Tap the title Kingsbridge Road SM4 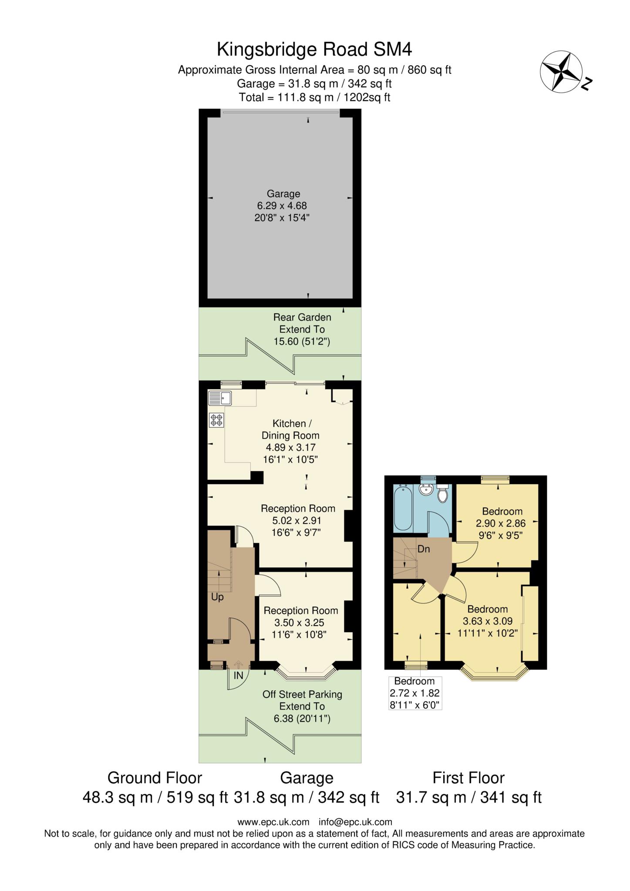click(314, 49)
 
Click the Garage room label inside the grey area click(283, 194)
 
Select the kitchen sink click(220, 397)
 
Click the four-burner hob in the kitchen click(216, 420)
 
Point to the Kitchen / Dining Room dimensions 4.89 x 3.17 click(291, 447)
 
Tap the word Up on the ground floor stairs click(217, 597)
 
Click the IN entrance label click(238, 676)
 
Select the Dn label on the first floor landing click(424, 549)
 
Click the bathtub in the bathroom click(405, 508)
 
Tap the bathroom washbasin click(425, 489)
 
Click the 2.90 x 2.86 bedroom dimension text click(501, 523)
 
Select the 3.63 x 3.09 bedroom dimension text click(488, 621)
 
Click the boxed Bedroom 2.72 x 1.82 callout click(415, 693)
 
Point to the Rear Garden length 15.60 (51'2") click(302, 342)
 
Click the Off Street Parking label click(302, 694)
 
